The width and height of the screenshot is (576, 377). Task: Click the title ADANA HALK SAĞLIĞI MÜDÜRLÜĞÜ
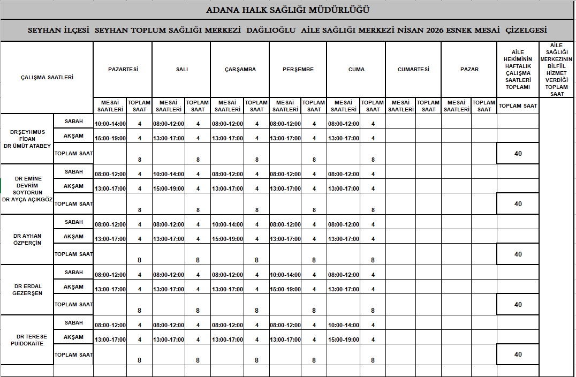click(287, 10)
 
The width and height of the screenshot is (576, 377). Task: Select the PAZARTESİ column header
click(123, 69)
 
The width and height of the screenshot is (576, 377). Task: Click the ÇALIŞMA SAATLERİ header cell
click(47, 77)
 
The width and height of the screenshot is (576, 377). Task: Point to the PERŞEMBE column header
click(298, 69)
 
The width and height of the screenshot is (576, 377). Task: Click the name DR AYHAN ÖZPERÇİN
click(27, 239)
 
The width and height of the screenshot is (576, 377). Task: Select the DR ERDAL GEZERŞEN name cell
click(27, 290)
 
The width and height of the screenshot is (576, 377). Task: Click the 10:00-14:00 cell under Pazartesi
click(110, 124)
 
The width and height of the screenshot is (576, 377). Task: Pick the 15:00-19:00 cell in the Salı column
click(168, 188)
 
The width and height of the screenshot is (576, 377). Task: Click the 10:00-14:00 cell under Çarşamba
click(227, 224)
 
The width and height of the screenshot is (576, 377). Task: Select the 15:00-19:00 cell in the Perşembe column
click(285, 289)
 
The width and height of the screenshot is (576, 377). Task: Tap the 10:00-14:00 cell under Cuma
click(343, 325)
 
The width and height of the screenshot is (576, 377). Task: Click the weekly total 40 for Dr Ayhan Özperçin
click(518, 254)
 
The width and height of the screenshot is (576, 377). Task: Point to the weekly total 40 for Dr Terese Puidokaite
click(518, 355)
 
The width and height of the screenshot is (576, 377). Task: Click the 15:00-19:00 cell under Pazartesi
click(110, 138)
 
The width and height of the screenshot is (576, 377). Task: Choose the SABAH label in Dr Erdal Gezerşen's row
click(74, 273)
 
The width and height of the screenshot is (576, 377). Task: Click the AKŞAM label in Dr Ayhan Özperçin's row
click(74, 237)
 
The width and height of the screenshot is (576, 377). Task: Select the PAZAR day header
click(469, 69)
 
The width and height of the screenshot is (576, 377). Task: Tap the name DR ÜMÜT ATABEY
click(27, 146)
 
